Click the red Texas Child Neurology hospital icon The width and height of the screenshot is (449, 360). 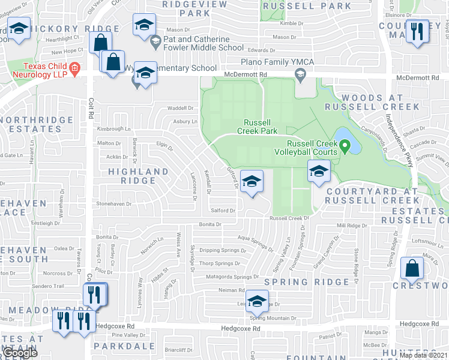coord(74,68)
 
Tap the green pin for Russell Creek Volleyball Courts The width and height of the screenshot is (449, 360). coord(345,146)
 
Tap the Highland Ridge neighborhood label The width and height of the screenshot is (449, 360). coord(137,176)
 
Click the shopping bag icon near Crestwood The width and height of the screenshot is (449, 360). coord(413,269)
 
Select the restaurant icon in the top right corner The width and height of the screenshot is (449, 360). coord(415,30)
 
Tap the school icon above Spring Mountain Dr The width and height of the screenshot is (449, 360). coord(257,301)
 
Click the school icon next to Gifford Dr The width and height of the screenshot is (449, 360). coord(252,181)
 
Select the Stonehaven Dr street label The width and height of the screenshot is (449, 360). coord(114,204)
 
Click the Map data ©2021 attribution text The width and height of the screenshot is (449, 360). coord(423,355)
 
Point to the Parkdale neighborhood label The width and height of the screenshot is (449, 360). coord(123,347)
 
